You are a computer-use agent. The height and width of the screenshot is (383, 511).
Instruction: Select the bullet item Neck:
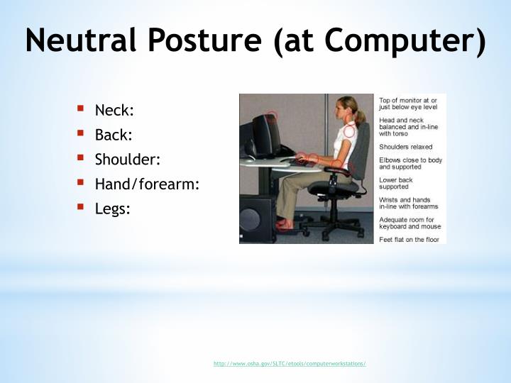tap(114, 110)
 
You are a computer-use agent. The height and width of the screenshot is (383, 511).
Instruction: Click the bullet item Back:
tap(114, 135)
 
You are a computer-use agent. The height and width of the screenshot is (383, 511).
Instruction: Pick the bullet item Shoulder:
tap(128, 160)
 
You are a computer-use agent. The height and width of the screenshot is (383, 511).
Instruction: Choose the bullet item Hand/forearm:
tap(147, 184)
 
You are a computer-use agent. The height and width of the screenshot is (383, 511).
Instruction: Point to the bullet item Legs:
tap(113, 209)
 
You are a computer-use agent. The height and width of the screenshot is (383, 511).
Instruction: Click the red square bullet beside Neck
tap(81, 109)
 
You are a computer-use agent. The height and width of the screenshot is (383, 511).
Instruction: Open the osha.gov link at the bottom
tap(290, 364)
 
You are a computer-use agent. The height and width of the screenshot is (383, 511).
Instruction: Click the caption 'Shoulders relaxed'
tap(405, 147)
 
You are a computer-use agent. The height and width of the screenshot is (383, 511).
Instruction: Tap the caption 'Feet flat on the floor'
tap(408, 240)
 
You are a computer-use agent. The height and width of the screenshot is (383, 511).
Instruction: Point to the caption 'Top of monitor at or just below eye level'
tap(409, 104)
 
